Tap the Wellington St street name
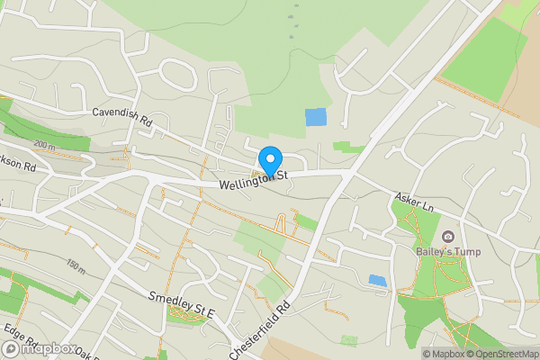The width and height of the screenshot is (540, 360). [x=251, y=179]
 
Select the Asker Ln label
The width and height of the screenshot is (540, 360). [x=415, y=202]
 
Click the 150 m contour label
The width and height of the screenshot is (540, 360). [x=76, y=266]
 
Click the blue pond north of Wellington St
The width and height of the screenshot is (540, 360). [x=316, y=117]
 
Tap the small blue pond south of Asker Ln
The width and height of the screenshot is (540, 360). [x=378, y=280]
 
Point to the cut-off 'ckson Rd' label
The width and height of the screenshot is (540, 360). [x=17, y=166]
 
